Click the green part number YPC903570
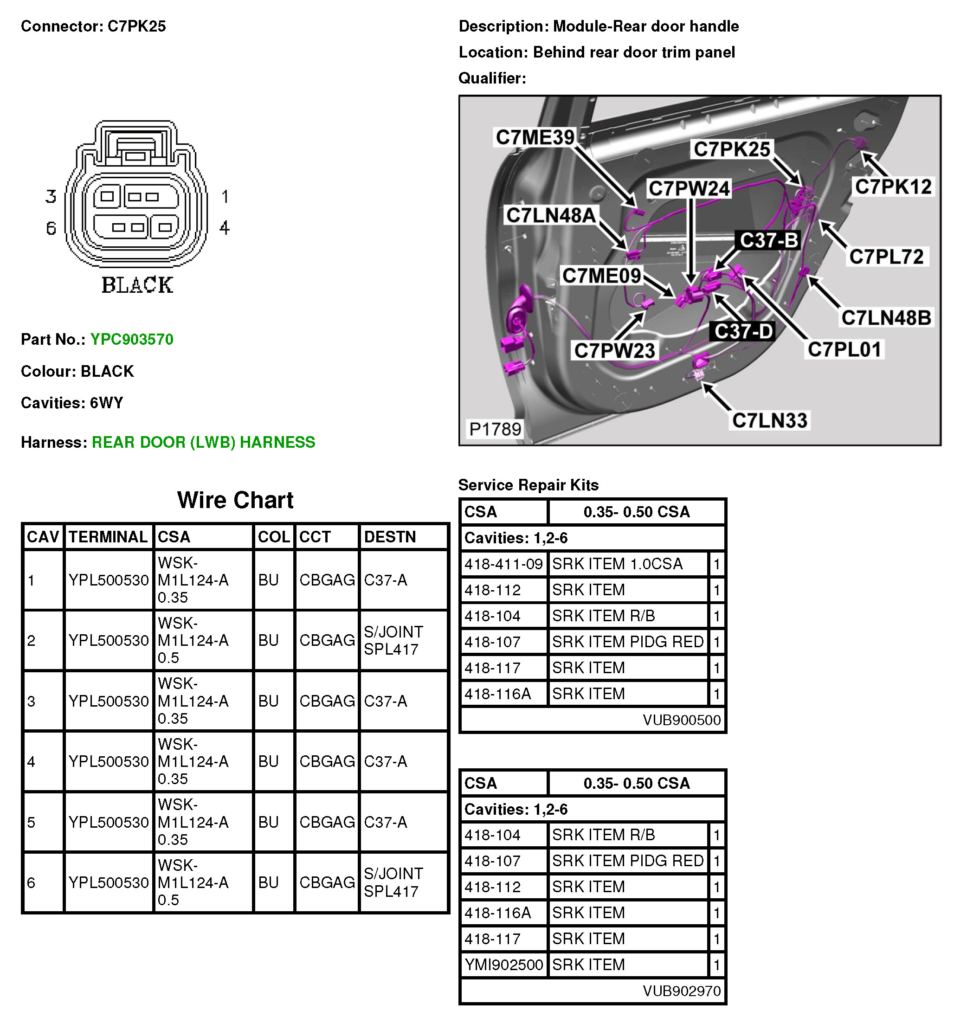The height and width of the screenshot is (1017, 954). point(131,339)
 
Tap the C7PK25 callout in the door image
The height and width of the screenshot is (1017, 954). point(731,149)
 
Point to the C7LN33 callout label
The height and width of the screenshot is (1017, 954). point(769,420)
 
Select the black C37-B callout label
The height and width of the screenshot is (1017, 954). point(768,240)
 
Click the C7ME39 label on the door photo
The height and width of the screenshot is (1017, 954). point(535,137)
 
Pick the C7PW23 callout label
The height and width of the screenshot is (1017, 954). point(614,350)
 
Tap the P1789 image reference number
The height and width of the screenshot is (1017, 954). point(495,429)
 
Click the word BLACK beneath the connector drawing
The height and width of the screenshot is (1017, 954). point(137,285)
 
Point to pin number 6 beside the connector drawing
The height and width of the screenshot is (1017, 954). point(51,228)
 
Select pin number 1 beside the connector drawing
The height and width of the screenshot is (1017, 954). point(225,196)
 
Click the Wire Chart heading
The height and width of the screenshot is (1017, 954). point(235,500)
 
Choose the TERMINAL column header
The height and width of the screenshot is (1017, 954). point(108,537)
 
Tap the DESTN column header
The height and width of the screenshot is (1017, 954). point(389,537)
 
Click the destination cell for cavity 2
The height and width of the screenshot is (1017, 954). point(393,640)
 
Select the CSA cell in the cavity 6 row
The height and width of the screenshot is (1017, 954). point(193,882)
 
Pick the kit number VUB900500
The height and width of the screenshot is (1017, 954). point(681,720)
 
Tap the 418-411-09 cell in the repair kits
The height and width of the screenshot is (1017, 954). point(503,564)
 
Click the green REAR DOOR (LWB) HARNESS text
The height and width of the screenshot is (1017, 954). point(203,442)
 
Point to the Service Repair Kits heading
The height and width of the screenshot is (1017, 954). point(528,484)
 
